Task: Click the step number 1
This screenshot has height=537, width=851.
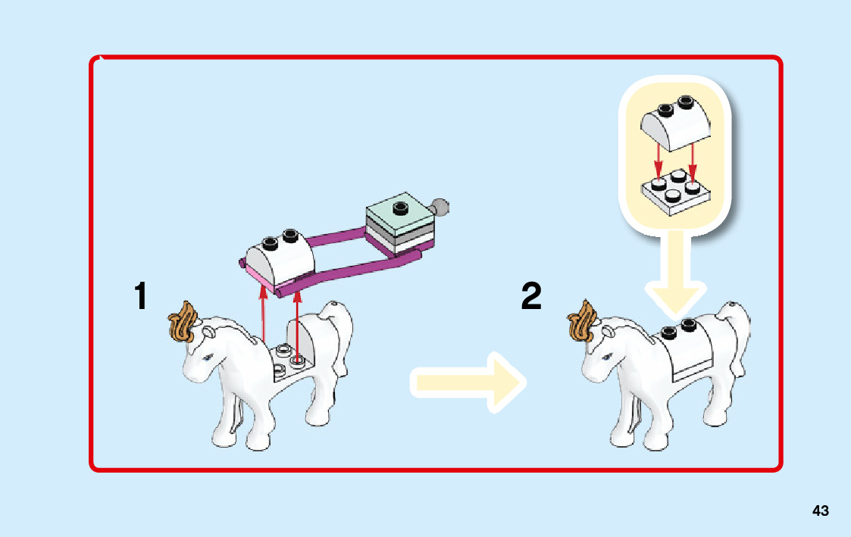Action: coord(140,297)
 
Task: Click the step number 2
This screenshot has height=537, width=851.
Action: coord(532,297)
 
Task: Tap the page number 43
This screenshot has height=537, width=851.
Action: coord(820,511)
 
